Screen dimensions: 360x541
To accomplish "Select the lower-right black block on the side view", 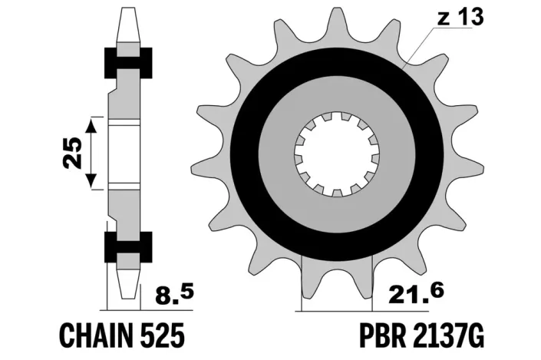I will coord(143,246).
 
